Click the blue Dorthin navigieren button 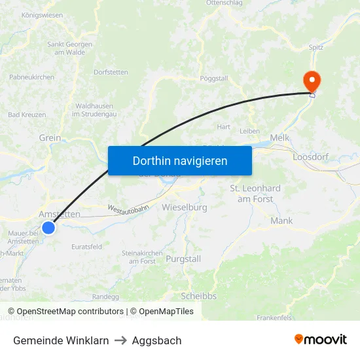[x=180, y=160]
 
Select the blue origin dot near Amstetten [x=48, y=228]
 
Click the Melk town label [x=279, y=137]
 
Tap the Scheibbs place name [x=198, y=295]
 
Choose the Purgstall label [x=185, y=259]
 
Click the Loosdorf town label [x=314, y=157]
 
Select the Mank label [x=281, y=221]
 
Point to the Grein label [x=50, y=138]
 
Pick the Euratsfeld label [x=86, y=247]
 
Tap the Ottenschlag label [x=225, y=3]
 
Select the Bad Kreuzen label [x=27, y=115]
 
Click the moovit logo [x=320, y=339]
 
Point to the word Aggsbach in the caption [x=156, y=340]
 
